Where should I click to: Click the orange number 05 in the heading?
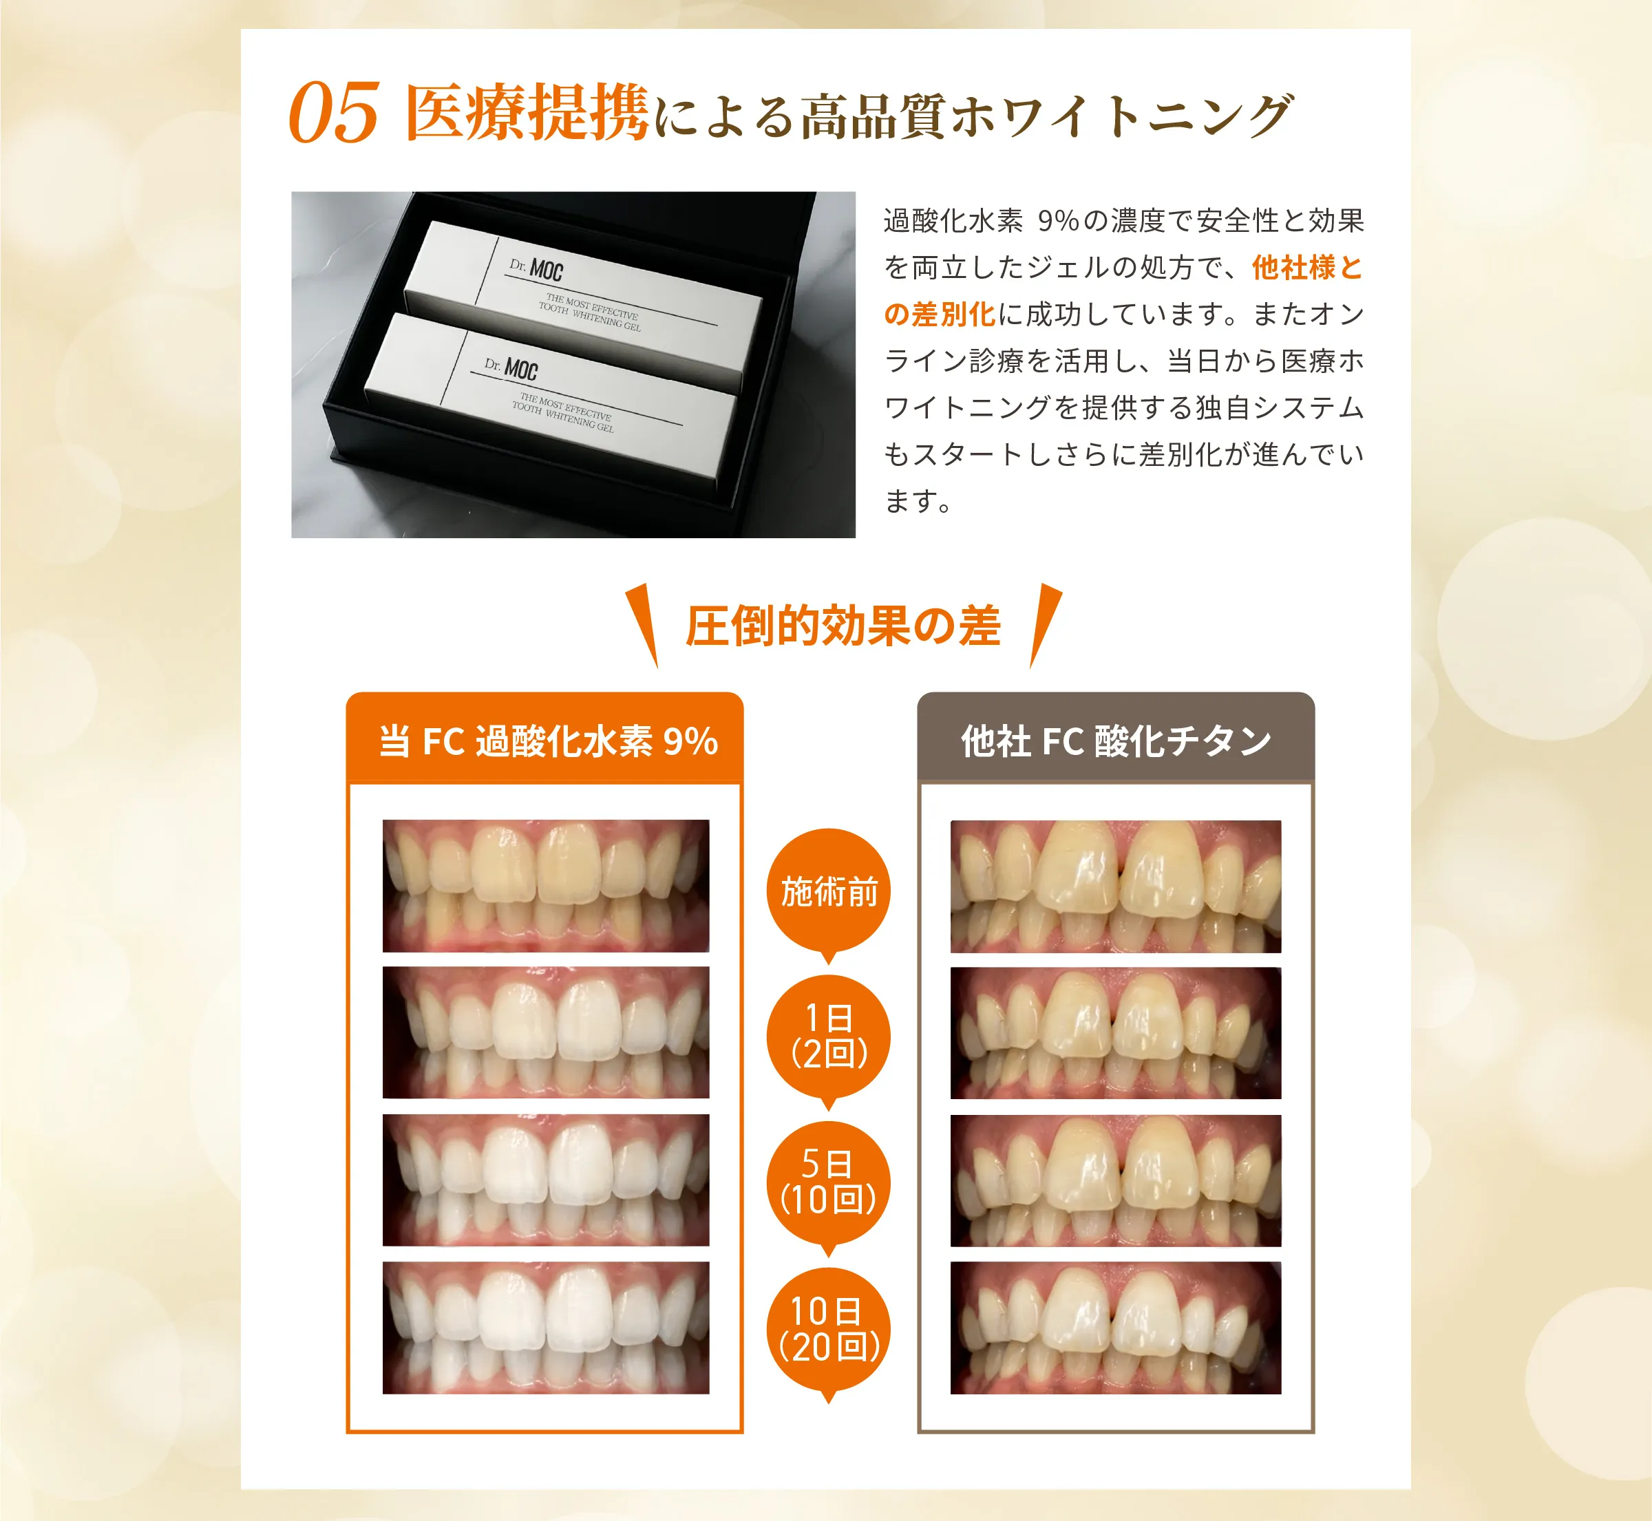click(x=333, y=114)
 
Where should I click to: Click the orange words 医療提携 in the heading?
click(x=527, y=114)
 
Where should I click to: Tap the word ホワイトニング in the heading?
click(x=1119, y=115)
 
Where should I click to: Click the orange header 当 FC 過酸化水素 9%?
click(x=547, y=740)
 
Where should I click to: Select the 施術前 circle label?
click(x=828, y=891)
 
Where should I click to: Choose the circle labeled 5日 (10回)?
click(x=828, y=1182)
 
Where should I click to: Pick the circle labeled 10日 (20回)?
click(x=828, y=1328)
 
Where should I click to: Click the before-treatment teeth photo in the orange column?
click(x=546, y=886)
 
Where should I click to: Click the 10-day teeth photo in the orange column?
click(x=546, y=1327)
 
